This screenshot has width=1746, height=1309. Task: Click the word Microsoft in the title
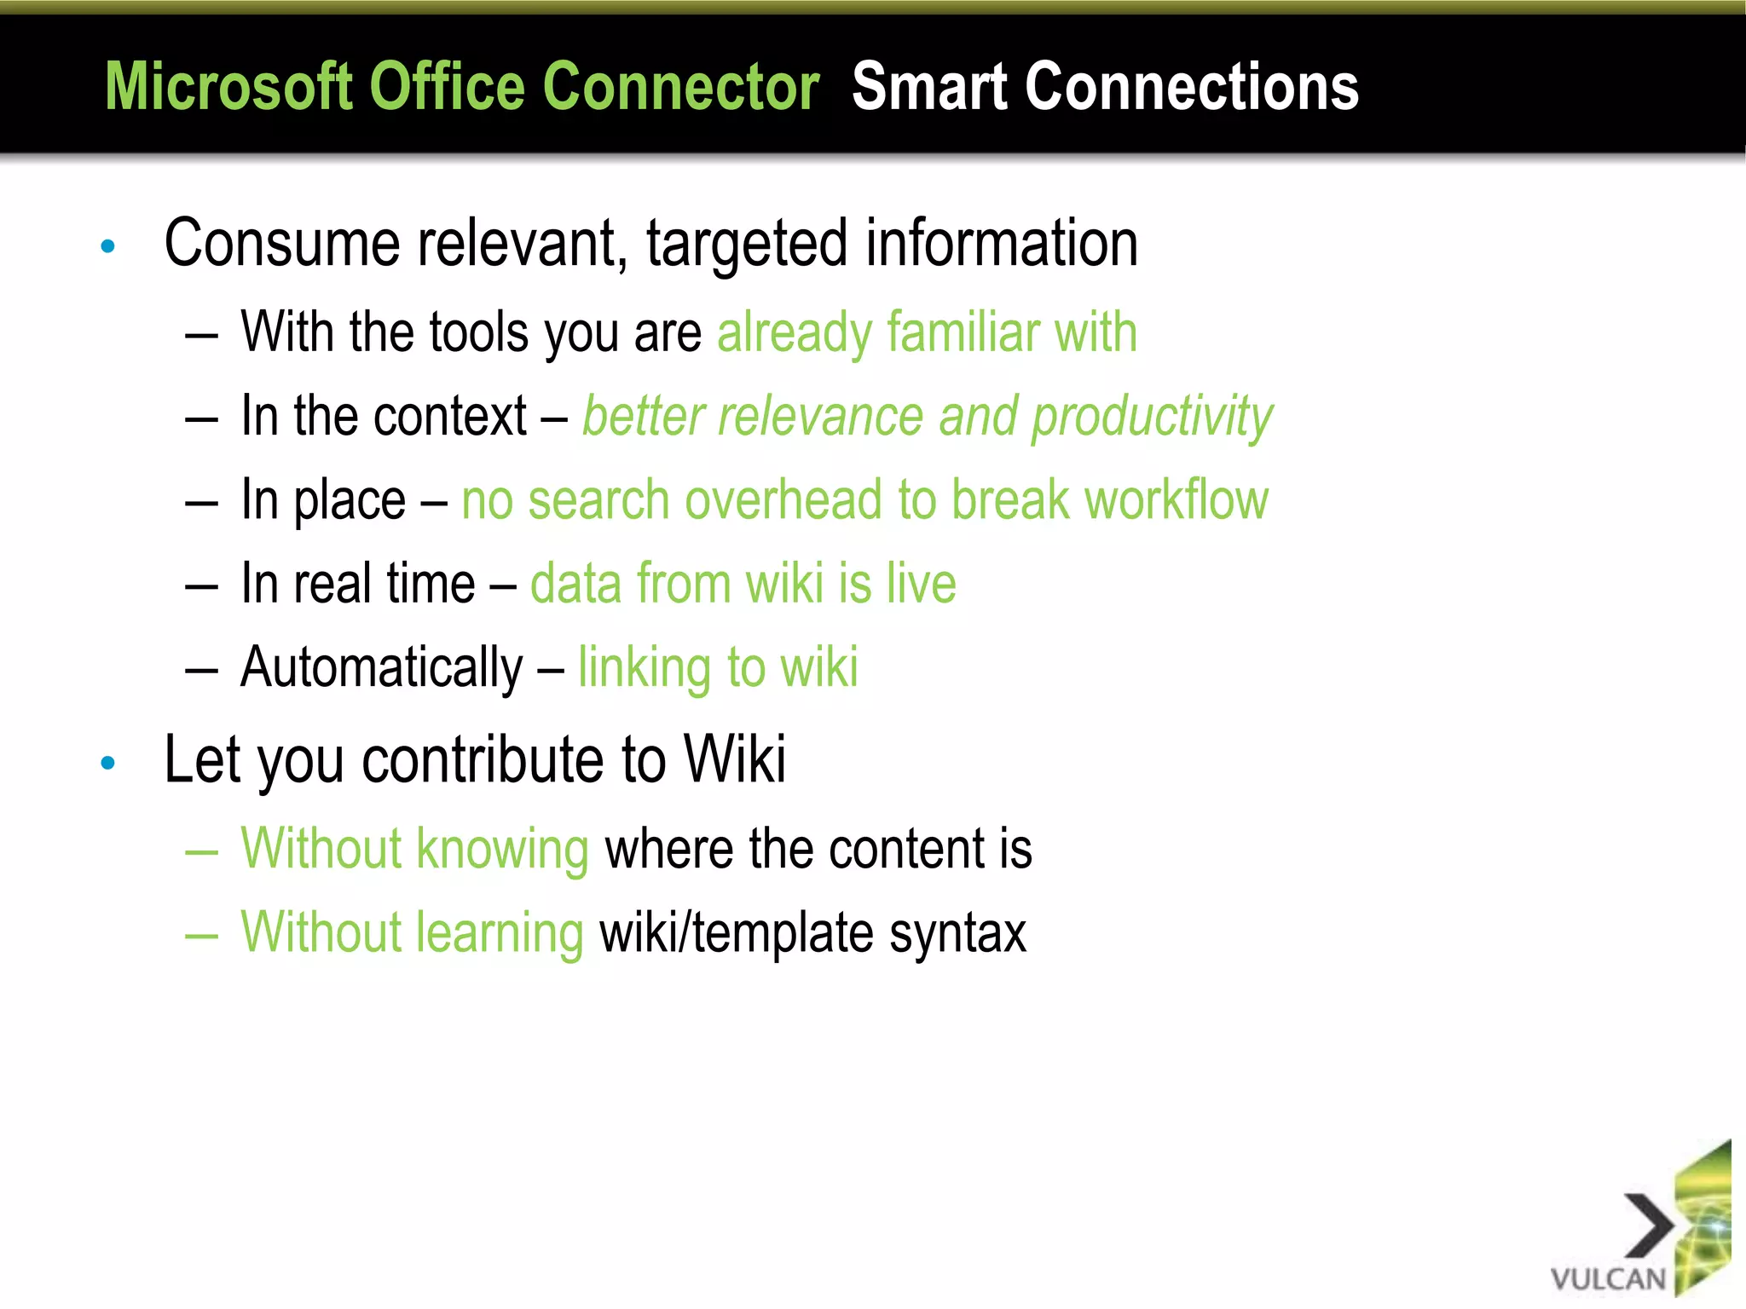(x=228, y=87)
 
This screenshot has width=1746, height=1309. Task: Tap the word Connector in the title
(x=680, y=87)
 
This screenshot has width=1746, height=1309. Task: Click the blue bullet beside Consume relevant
(x=107, y=247)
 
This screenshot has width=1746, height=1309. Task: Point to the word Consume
(x=281, y=245)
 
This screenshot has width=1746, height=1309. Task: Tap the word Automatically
(x=381, y=669)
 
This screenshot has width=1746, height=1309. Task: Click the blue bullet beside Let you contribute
(x=107, y=763)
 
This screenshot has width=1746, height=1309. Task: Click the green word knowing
(x=503, y=851)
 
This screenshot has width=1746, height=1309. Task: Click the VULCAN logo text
(x=1607, y=1279)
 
